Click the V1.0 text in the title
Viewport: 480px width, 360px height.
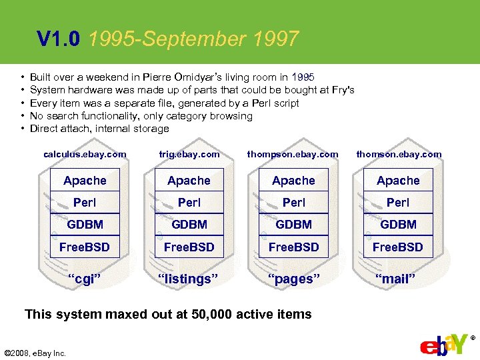coord(59,40)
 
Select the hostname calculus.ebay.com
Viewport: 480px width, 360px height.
coord(85,154)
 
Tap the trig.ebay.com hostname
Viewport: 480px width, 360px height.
coord(189,154)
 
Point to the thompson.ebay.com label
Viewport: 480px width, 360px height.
coord(293,154)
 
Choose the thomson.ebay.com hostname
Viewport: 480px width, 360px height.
coord(399,154)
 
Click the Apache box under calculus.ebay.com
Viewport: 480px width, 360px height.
coord(85,181)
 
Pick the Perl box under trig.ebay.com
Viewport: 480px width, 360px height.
coord(189,203)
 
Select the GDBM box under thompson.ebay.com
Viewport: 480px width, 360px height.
coord(293,225)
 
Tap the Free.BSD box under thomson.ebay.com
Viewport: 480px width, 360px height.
coord(398,247)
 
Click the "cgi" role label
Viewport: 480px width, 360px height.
coord(85,279)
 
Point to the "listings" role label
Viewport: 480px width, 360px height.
coord(189,279)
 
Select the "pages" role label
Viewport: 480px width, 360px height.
coord(293,279)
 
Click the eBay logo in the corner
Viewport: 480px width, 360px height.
coord(444,346)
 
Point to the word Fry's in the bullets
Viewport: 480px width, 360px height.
coord(341,90)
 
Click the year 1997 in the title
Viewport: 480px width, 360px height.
coord(276,40)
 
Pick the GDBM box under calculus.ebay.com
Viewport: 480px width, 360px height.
coord(85,225)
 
